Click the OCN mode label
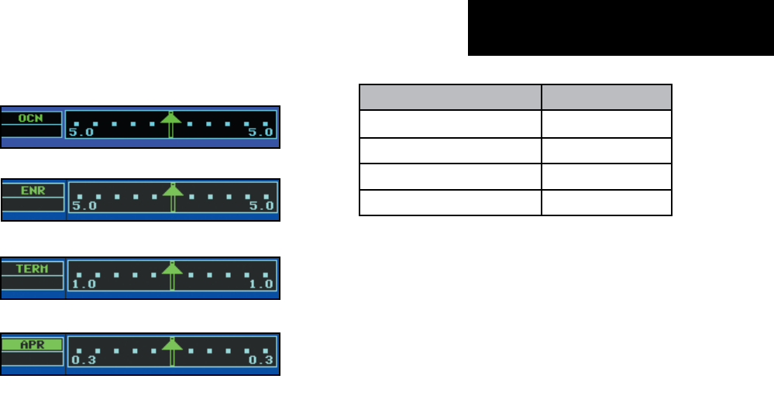click(31, 119)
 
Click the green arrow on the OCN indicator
click(171, 124)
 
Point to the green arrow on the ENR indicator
click(173, 197)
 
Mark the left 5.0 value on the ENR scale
click(84, 206)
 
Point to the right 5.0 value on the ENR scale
click(262, 206)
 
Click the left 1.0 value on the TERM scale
click(84, 284)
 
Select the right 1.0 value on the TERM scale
click(262, 284)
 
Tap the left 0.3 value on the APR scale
click(84, 360)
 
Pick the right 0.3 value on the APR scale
click(262, 360)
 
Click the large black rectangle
click(621, 28)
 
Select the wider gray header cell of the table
click(449, 98)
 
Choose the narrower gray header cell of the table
click(606, 98)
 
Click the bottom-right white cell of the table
click(606, 203)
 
